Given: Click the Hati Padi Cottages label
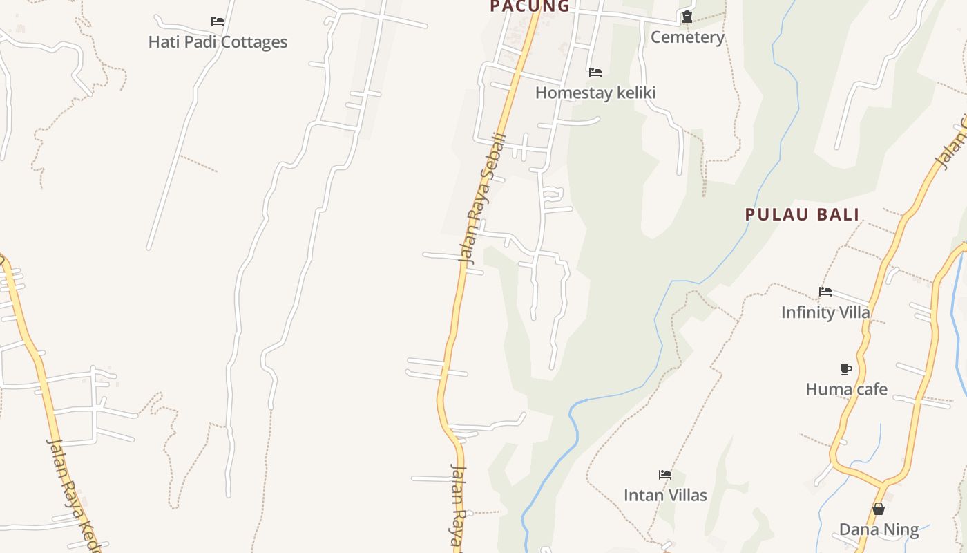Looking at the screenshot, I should coord(218,42).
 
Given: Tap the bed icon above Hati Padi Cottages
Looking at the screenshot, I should coord(218,21).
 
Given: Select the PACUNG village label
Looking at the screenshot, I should coord(530,6).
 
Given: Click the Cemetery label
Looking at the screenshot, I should coord(687,37).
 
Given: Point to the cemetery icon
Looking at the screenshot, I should coord(687,17).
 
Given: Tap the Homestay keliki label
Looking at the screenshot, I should coord(595,93).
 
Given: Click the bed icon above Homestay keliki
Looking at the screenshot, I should coord(595,72).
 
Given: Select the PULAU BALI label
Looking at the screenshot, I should coord(802,214).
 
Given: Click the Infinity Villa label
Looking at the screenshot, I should coord(825,312).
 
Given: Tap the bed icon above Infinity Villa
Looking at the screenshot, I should coord(825,292).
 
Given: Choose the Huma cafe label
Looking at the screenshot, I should coord(846,389).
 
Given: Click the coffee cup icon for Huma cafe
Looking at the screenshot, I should coord(846,369).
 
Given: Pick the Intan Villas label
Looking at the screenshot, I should coord(665,495).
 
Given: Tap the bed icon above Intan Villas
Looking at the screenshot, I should coord(665,475).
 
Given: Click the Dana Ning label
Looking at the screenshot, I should coord(879,530).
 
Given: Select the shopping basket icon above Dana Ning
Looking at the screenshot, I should coord(879,509).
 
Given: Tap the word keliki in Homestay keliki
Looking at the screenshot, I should coord(633,93).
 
